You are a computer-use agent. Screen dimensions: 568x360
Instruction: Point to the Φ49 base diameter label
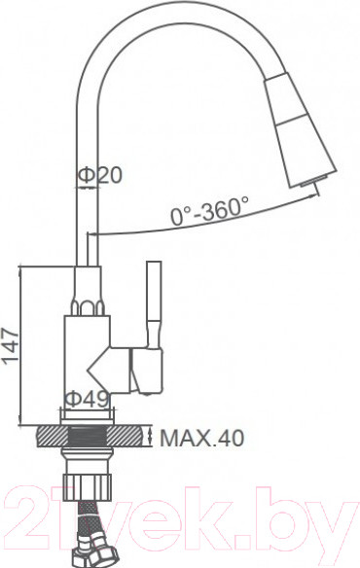[85, 398]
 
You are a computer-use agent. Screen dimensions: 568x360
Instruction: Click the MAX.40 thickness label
[201, 439]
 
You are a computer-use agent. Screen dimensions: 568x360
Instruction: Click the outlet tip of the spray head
[309, 184]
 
